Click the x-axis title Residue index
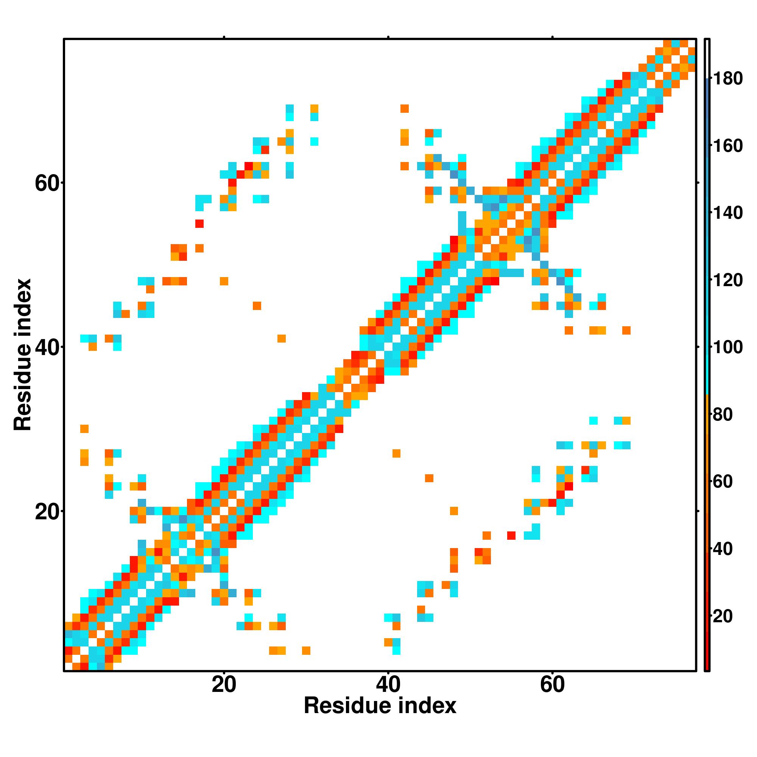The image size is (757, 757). point(380,706)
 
